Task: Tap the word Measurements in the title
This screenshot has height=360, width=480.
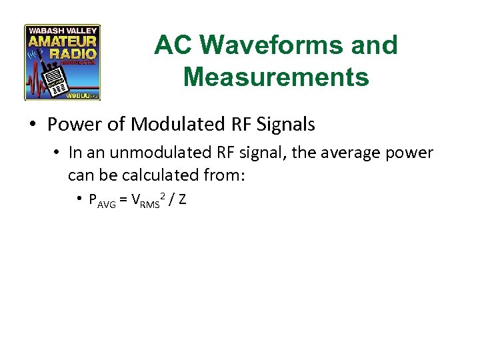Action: coord(275,77)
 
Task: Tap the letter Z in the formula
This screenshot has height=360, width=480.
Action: coord(182,199)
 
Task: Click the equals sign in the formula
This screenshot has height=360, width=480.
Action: coord(123,199)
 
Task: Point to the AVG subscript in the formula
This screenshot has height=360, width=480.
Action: coord(107,203)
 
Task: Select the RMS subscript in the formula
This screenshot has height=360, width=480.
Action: coord(151,203)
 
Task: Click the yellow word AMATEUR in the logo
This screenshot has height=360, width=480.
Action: coord(62,41)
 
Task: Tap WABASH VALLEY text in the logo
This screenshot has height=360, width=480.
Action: coord(62,30)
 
